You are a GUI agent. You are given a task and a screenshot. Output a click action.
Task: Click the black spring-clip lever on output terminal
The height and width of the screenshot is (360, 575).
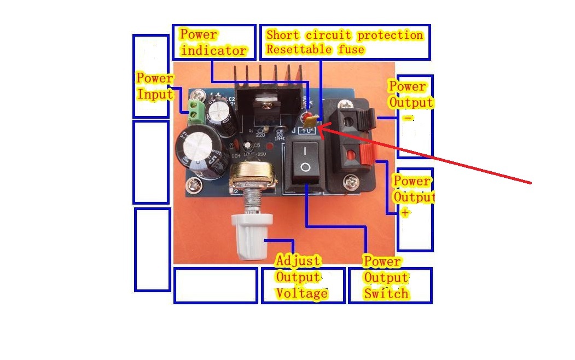pos(369,116)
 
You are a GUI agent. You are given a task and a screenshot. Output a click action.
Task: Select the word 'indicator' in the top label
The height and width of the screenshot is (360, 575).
pos(213,51)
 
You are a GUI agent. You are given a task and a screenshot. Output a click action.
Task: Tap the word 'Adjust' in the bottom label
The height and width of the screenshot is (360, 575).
pos(298,260)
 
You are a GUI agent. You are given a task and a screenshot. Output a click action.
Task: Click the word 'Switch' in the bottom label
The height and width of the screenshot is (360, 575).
pos(386,294)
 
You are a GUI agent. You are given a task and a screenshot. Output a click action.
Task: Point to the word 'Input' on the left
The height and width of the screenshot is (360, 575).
pos(155,94)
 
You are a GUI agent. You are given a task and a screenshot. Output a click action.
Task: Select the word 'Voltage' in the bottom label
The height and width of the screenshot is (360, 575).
pos(301,293)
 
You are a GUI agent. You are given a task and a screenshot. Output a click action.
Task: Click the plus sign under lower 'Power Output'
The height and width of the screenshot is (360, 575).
pos(404,213)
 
